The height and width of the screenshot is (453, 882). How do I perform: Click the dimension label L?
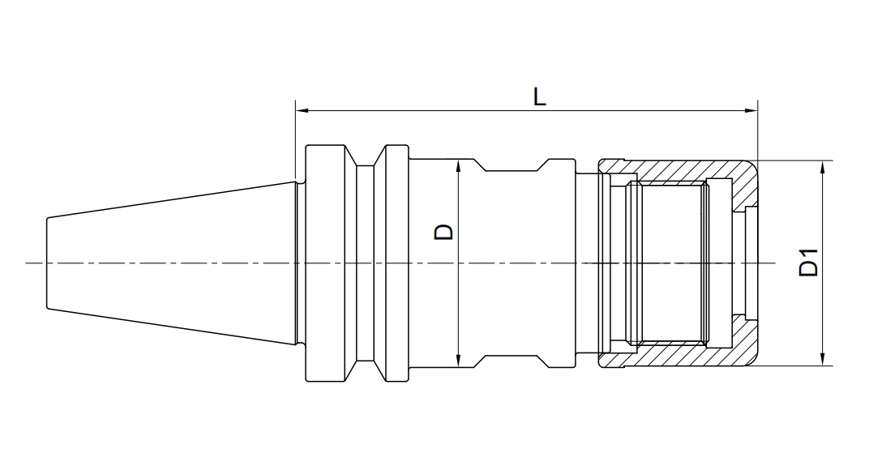click(x=539, y=96)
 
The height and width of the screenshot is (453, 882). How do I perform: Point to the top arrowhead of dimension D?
click(x=459, y=165)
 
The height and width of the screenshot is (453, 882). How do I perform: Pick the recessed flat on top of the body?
click(x=511, y=171)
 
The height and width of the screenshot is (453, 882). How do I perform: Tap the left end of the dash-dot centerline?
click(x=28, y=263)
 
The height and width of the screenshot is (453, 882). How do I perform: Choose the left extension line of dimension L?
click(x=296, y=142)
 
